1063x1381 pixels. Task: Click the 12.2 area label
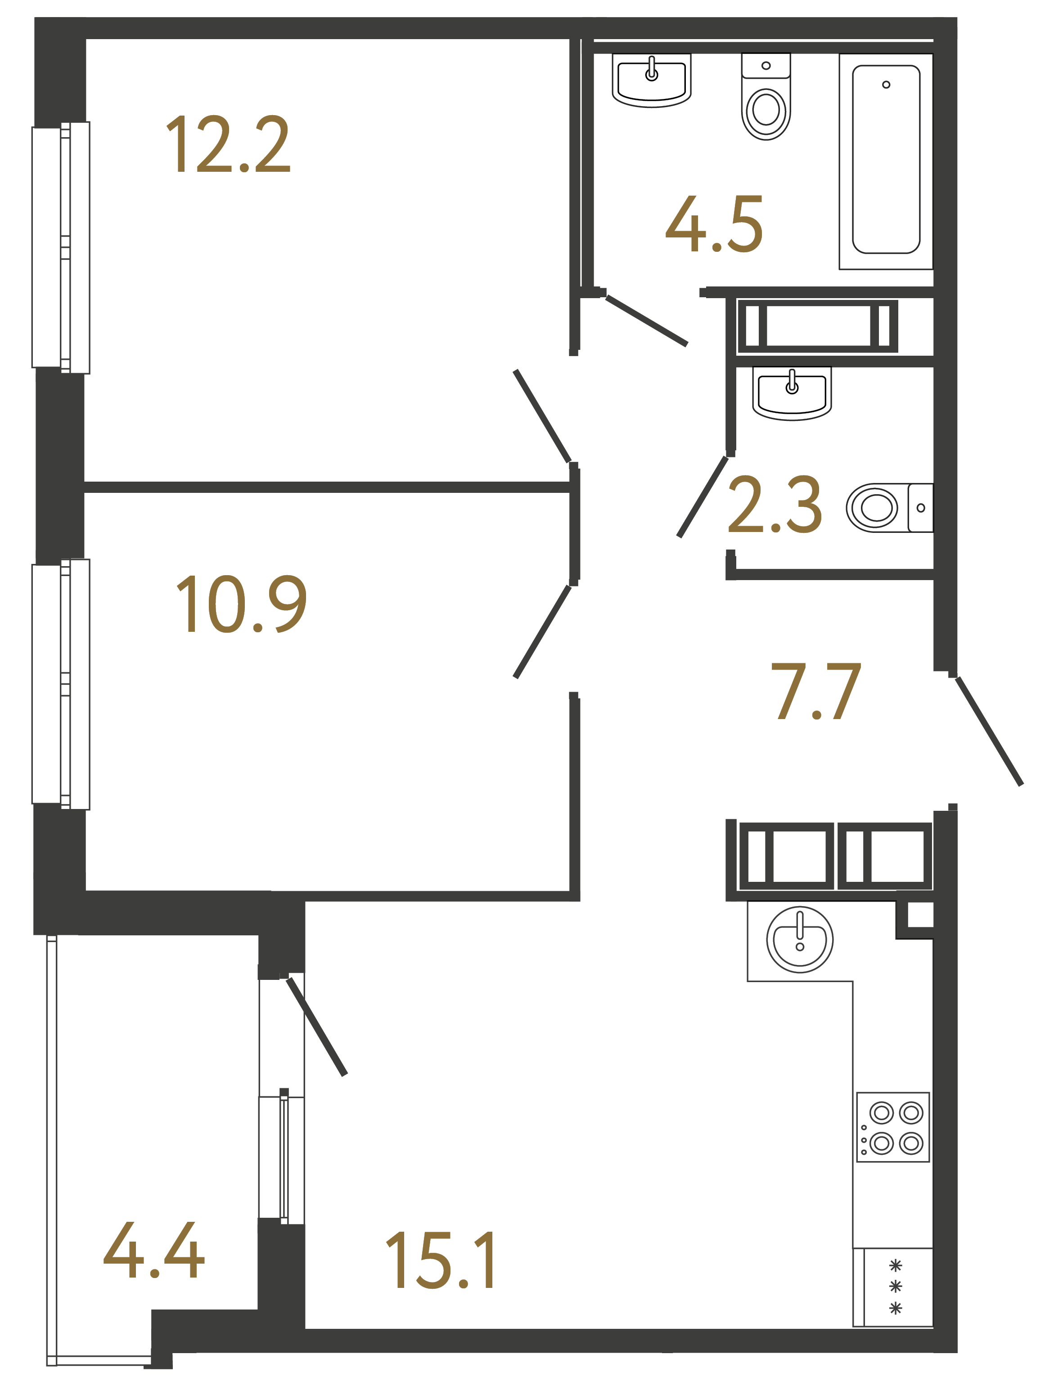(228, 145)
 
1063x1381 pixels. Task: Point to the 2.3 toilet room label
(775, 506)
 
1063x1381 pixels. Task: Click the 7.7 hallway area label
(816, 693)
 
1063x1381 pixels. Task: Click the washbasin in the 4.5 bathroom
(652, 80)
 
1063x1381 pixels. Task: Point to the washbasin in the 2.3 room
(792, 393)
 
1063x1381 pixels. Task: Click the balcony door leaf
(317, 1027)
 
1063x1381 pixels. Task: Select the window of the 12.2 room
(61, 247)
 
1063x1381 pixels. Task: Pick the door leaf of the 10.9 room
(542, 632)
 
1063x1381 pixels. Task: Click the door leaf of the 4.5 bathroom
(646, 321)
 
